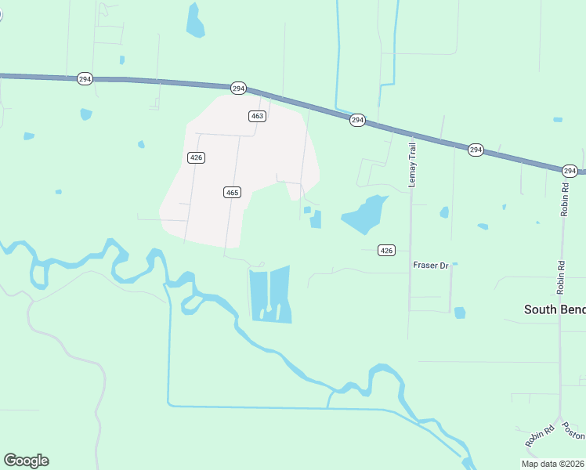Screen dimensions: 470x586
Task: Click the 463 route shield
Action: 258,116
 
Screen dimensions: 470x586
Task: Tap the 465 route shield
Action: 231,192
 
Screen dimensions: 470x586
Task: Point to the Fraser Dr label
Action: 430,266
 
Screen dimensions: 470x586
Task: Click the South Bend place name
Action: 554,309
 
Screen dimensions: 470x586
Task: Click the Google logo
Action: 26,461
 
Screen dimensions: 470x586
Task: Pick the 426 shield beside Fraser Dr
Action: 385,250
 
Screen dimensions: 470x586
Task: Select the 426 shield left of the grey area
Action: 197,157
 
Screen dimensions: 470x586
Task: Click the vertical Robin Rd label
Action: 563,200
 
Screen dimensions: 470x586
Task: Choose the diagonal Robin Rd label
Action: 539,435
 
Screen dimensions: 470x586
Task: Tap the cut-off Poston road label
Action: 576,432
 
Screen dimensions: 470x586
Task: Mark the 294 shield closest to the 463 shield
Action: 239,88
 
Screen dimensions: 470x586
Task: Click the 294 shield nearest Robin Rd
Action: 570,171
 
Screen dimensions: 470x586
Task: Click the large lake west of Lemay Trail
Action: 364,215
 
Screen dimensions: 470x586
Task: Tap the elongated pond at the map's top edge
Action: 194,21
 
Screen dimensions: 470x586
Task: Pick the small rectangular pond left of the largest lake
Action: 316,219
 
